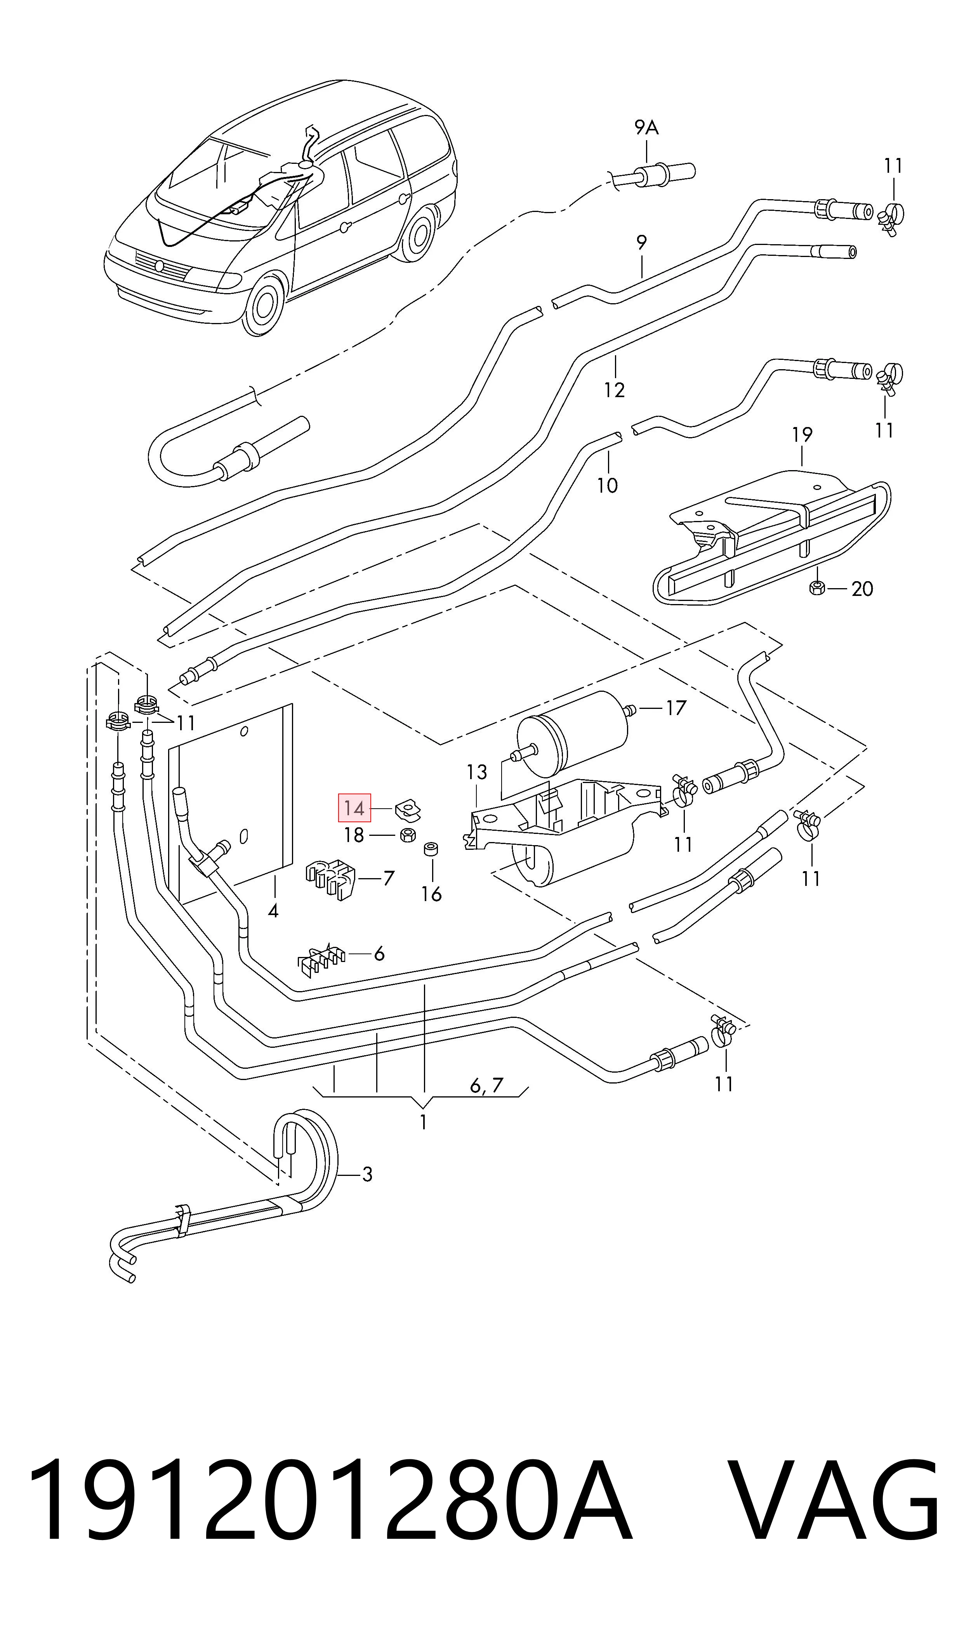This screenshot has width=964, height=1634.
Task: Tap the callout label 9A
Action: coord(646,128)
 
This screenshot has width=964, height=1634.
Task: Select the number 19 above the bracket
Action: coord(802,434)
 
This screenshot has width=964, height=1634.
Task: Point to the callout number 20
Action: coord(862,589)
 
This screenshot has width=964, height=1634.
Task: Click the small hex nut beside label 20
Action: coord(817,589)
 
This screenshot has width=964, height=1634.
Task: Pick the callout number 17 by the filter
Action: coord(676,708)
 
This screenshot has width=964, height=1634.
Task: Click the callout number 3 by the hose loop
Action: coord(367,1174)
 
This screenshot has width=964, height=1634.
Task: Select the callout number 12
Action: coord(614,390)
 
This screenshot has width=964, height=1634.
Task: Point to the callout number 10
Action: coord(607,485)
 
